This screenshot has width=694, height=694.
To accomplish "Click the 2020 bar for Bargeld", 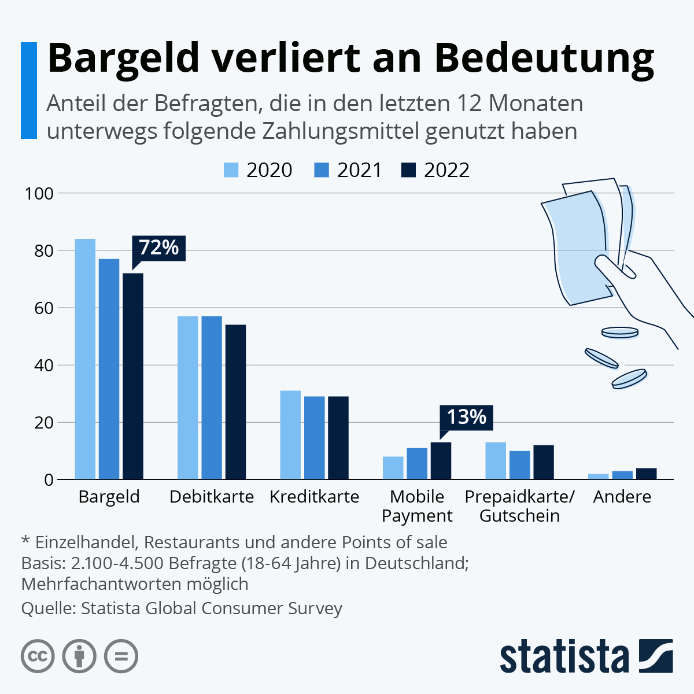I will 85,359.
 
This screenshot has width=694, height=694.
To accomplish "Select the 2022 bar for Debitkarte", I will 235,402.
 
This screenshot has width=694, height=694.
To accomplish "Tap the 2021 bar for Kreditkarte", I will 315,438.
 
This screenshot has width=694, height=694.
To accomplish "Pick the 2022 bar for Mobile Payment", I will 441,461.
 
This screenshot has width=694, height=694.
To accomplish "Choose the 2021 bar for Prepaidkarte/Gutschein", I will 519,465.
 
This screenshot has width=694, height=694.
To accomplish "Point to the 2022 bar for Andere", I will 646,474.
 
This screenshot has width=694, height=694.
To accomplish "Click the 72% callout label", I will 159,248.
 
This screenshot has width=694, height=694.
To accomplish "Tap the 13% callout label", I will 466,417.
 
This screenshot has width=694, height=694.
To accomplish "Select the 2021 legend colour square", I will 322,170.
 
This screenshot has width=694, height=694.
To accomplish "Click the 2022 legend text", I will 446,170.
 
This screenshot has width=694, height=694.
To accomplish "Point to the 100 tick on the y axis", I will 39,193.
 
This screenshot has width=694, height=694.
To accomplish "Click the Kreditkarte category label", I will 315,497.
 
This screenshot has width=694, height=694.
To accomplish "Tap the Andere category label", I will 622,497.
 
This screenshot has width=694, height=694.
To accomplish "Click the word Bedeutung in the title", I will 544,58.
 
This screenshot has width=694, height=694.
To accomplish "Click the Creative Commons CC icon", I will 38,656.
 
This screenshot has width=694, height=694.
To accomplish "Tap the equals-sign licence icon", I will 121,656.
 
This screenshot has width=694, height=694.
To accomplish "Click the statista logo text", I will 564,656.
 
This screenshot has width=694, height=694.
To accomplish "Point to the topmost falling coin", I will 619,333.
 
